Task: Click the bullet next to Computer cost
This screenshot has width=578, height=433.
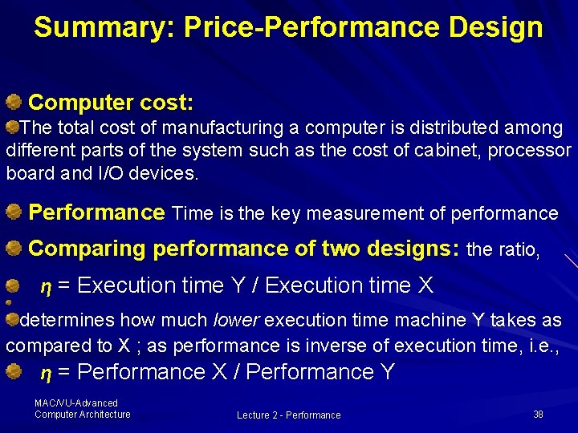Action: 14,102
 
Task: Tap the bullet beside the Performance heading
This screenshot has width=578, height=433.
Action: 14,212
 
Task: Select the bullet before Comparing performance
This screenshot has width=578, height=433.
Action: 14,249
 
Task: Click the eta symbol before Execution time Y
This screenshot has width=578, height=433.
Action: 46,285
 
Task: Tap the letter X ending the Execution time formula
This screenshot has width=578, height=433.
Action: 425,285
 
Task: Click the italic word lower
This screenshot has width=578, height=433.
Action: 235,321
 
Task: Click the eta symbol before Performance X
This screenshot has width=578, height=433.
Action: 46,372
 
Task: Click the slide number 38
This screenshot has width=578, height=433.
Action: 538,415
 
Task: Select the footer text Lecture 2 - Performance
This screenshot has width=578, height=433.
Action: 288,415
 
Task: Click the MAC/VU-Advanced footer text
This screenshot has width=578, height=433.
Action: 76,403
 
